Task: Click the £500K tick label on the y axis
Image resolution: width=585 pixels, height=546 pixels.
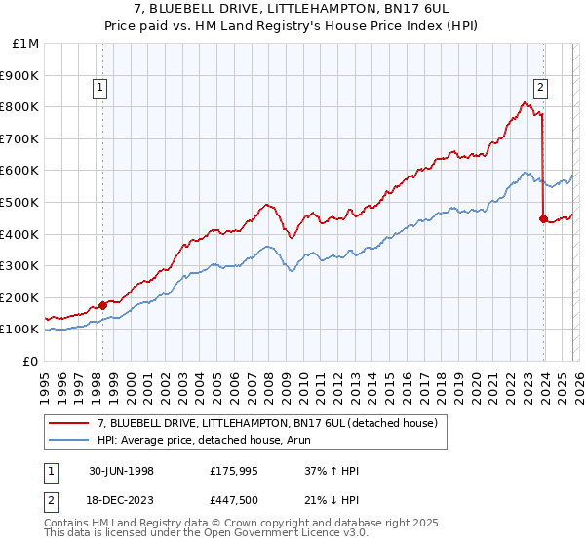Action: (19, 202)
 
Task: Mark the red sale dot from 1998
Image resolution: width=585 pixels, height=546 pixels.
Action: (103, 305)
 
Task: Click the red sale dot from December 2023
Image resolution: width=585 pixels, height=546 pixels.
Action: (542, 218)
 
